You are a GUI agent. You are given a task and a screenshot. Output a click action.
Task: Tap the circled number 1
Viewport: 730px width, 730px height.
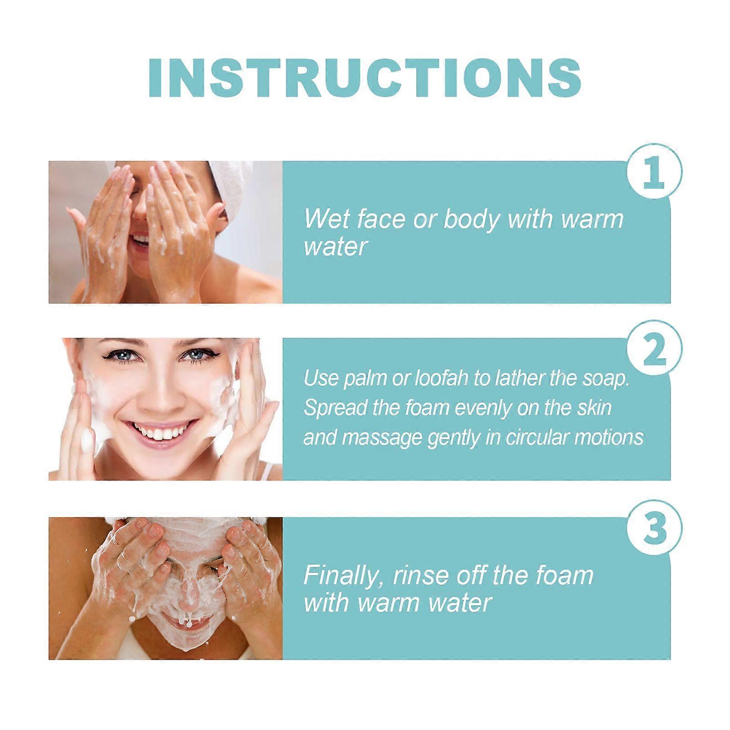653,172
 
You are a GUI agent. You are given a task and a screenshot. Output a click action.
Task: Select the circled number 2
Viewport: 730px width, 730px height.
654,349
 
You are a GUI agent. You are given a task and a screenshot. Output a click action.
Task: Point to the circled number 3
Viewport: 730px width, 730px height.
654,529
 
